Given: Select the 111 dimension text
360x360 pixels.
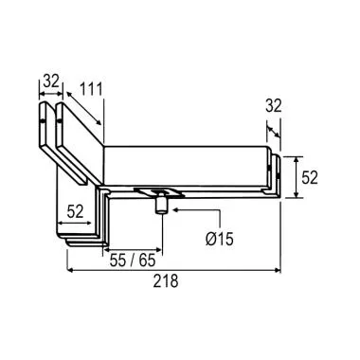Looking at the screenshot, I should [92, 90].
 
